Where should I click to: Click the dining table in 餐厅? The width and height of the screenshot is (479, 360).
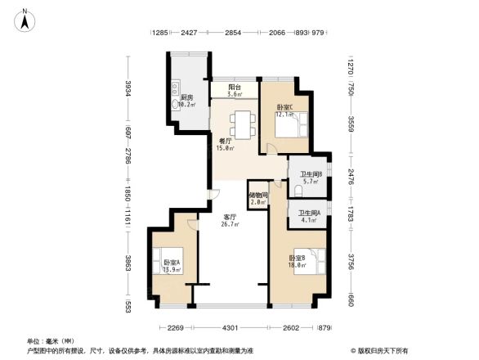tap(243, 125)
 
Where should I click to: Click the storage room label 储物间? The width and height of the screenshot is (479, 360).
tap(257, 196)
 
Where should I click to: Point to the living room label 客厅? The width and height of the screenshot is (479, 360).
tap(231, 218)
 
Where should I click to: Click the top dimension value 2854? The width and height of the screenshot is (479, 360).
tap(234, 33)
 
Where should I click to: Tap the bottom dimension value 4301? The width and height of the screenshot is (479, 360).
tap(231, 328)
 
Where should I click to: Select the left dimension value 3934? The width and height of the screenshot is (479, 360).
tap(128, 88)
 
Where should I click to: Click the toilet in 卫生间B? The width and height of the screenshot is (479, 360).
tap(298, 191)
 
